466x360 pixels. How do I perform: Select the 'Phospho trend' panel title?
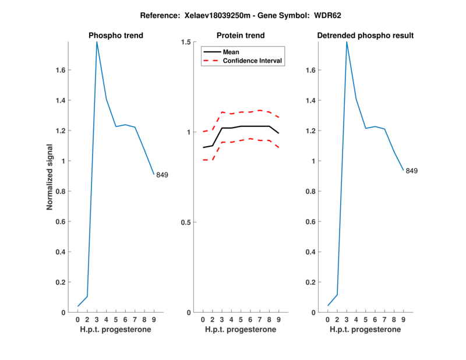(116, 36)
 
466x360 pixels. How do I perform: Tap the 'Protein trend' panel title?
(241, 36)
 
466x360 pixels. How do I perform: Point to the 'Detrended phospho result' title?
(365, 36)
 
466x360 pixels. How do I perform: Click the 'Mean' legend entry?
(231, 52)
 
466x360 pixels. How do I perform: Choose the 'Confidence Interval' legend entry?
(253, 61)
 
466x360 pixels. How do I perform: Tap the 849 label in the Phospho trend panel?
(162, 175)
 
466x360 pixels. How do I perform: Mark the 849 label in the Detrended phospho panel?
(412, 171)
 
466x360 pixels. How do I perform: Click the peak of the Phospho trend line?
(97, 42)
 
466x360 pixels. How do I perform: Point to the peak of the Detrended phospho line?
(347, 42)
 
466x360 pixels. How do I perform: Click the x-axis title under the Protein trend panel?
(241, 329)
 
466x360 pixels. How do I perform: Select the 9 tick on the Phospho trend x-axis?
(154, 320)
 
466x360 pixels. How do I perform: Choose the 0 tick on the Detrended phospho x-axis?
(327, 320)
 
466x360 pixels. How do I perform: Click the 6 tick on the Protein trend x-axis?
(250, 320)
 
